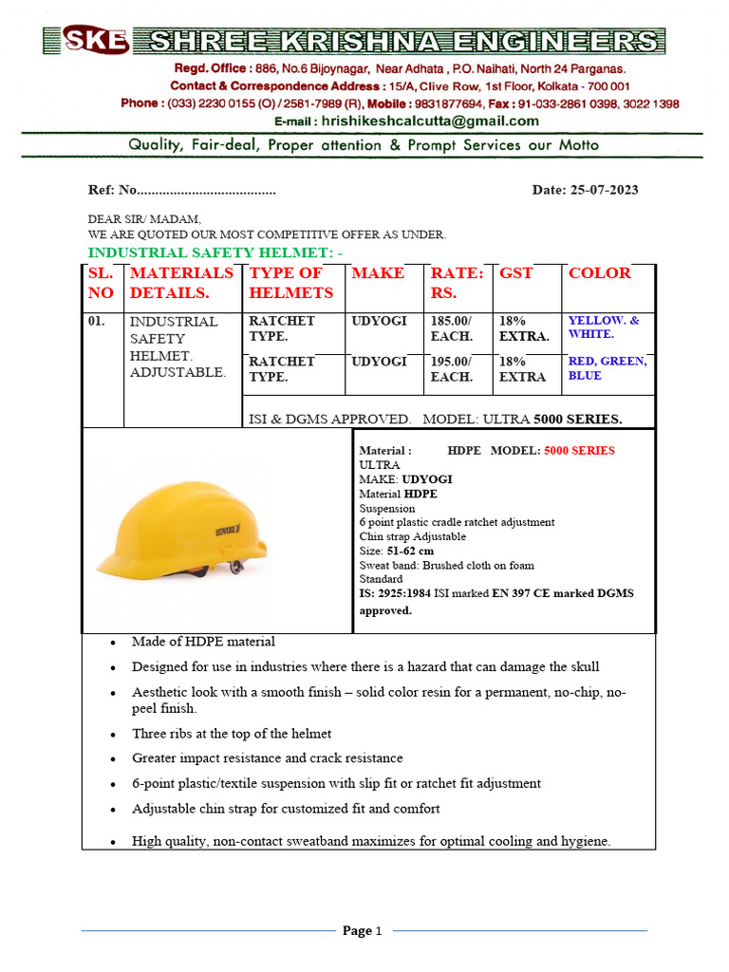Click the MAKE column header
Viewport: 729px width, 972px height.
pos(378,273)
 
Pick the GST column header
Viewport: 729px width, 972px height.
pos(516,273)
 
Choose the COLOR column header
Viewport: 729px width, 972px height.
pos(599,273)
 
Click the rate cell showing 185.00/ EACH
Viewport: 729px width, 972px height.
pos(451,329)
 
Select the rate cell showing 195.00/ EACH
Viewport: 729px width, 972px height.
pos(451,369)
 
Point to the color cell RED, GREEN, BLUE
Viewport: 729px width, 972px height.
pos(607,368)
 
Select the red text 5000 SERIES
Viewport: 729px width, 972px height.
pos(579,451)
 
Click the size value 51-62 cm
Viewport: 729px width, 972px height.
pos(410,551)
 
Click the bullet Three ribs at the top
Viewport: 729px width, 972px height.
pos(232,734)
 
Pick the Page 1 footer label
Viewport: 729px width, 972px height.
pos(362,931)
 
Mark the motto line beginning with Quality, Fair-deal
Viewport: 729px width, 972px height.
pos(364,145)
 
